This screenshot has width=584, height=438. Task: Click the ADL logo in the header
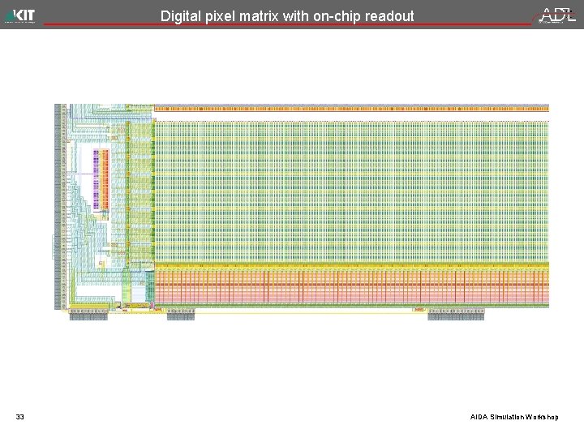click(558, 15)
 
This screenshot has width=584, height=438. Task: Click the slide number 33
click(20, 417)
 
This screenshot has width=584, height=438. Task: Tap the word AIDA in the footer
click(479, 417)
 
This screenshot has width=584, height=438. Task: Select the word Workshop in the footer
click(542, 417)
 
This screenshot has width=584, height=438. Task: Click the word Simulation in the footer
click(507, 417)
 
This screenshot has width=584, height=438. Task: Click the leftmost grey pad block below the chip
click(88, 316)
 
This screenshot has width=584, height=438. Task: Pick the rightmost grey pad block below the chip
click(444, 316)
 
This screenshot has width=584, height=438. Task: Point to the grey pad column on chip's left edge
click(58, 207)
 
